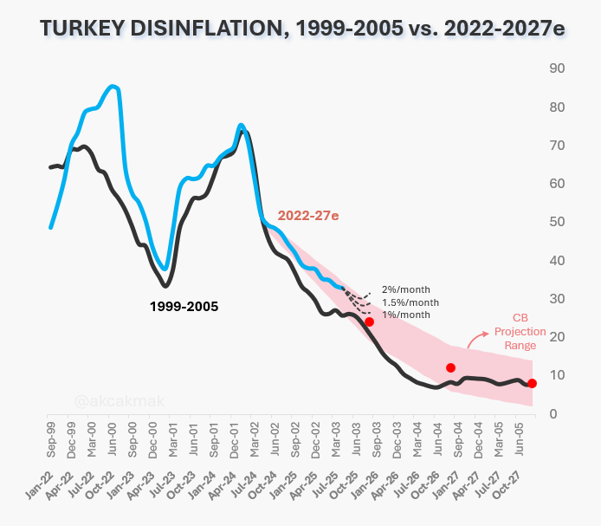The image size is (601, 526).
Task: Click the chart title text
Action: (x=302, y=29)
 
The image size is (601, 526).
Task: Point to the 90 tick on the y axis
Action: (x=557, y=68)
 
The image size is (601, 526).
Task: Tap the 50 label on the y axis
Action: (x=557, y=222)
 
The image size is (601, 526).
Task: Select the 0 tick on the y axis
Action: (x=553, y=414)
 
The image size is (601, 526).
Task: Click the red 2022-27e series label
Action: (x=308, y=216)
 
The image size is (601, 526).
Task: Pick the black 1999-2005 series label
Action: (x=184, y=307)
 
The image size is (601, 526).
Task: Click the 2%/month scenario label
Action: (x=406, y=289)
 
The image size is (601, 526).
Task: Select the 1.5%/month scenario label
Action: (x=410, y=302)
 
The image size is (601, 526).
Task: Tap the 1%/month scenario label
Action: (x=406, y=315)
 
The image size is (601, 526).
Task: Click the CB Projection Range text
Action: (x=520, y=332)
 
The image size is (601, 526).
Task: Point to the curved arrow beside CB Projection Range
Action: (x=475, y=338)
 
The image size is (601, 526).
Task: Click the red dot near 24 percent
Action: (x=369, y=321)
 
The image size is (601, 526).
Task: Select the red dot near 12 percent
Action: (x=450, y=368)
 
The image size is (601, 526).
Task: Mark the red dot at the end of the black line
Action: (x=532, y=383)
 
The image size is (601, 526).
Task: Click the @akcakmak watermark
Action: (x=120, y=401)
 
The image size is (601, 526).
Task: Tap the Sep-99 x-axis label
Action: (x=51, y=439)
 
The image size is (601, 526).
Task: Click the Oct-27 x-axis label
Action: (x=507, y=485)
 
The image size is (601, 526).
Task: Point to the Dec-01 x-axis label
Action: (x=234, y=439)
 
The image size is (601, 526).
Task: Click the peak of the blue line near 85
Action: (x=112, y=87)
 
